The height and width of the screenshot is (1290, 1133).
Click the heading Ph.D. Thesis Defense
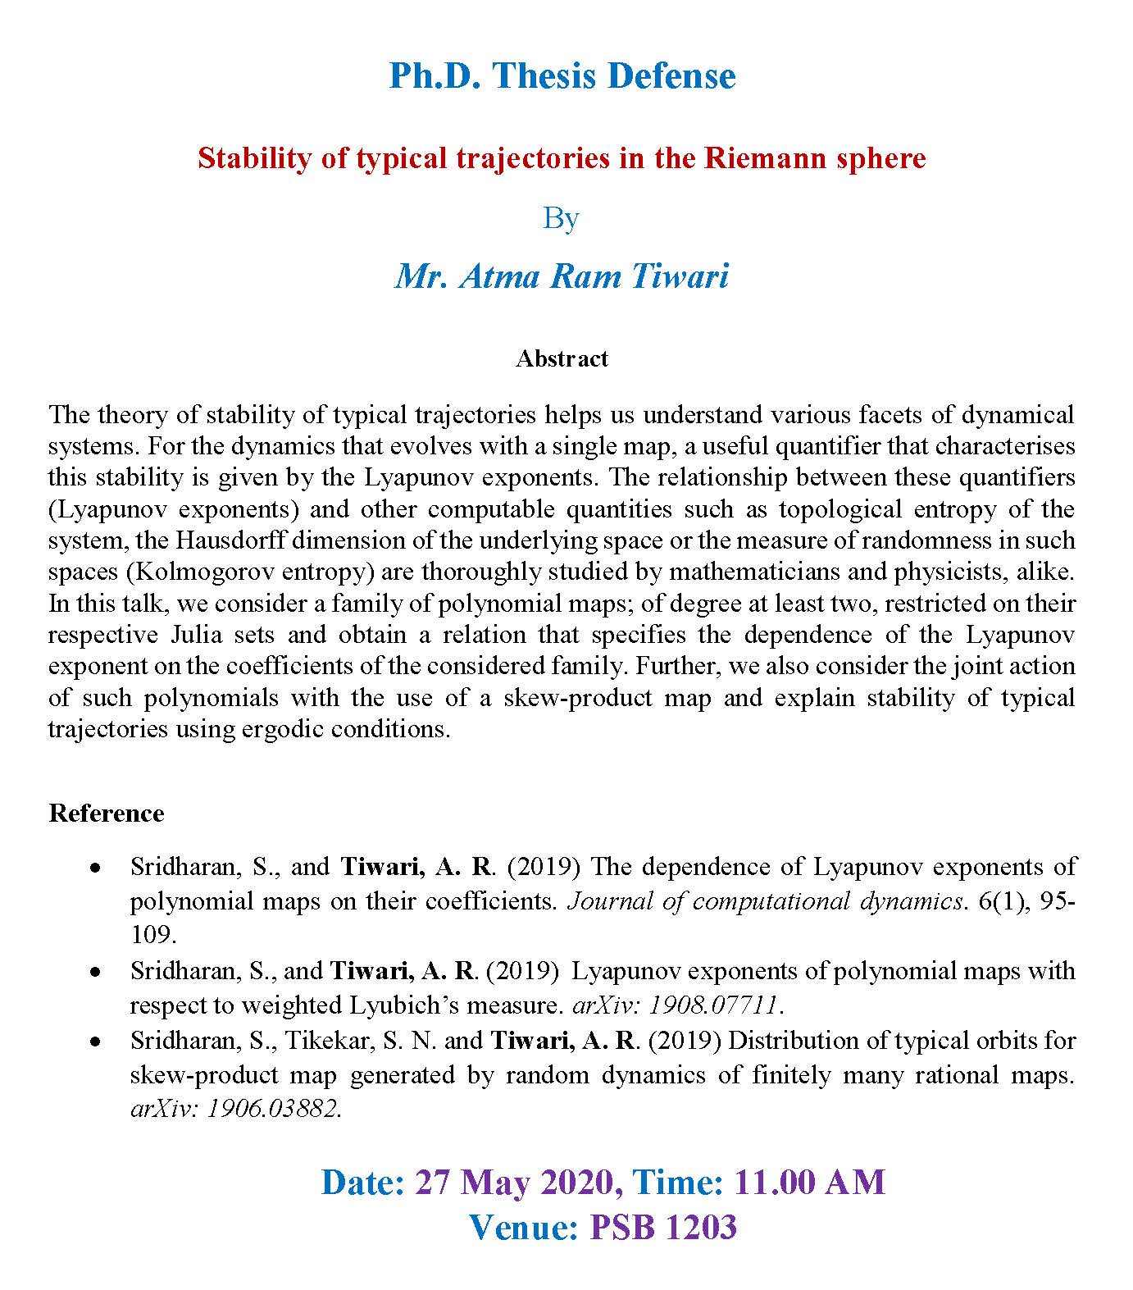[562, 75]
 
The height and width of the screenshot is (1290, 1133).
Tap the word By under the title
[562, 218]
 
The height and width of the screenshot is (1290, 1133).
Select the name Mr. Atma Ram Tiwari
[562, 276]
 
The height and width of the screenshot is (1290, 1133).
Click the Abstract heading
[562, 358]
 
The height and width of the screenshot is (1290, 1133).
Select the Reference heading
[107, 813]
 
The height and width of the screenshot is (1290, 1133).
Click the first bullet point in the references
[96, 868]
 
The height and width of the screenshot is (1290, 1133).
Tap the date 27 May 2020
[514, 1182]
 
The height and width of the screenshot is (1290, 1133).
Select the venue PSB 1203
[663, 1227]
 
